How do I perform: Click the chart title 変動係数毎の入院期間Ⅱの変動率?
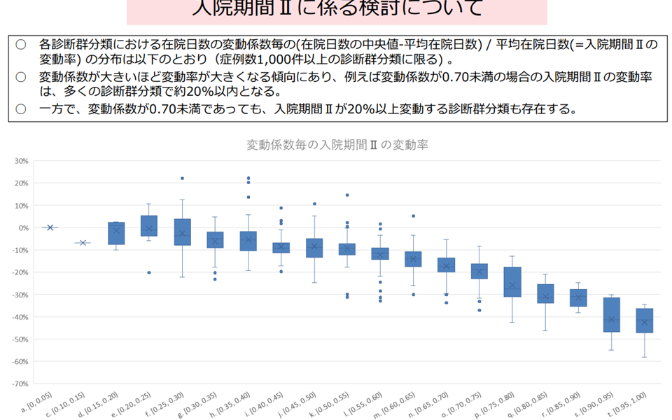(337, 145)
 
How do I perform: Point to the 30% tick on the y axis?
(21, 161)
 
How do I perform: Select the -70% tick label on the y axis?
(20, 384)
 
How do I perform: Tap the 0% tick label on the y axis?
(23, 227)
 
